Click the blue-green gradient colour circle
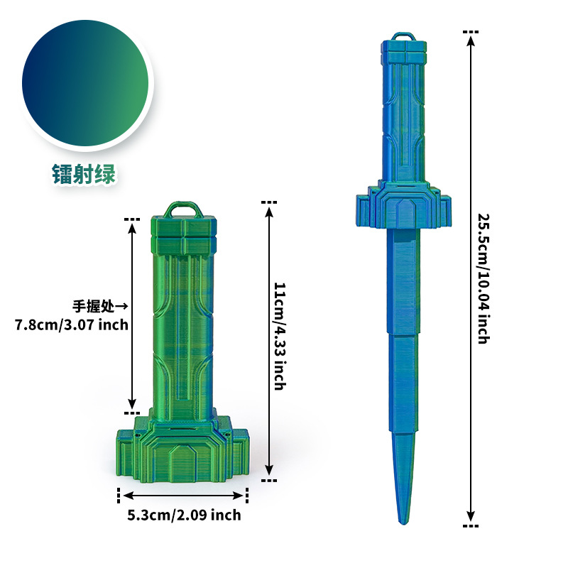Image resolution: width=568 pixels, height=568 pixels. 85,83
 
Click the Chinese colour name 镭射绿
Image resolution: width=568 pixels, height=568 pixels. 84,174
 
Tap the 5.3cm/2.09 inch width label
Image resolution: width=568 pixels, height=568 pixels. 184,515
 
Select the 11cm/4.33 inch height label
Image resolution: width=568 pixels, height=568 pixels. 280,336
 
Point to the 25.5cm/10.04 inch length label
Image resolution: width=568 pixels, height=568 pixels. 484,278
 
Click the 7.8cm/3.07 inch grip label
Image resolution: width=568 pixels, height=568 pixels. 72,324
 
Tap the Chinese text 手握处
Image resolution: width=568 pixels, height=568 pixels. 93,307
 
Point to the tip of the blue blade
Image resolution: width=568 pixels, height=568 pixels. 403,523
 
